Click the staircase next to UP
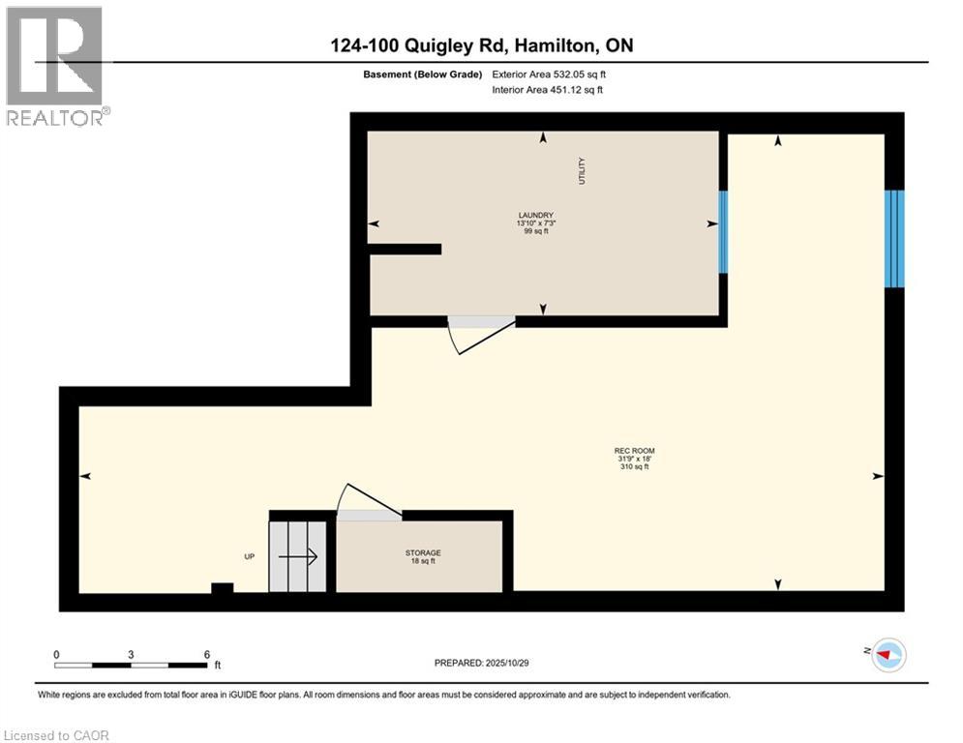(298, 556)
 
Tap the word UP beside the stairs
(249, 556)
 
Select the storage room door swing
(368, 503)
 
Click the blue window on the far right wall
(894, 238)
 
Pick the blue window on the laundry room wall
(723, 232)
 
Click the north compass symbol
(888, 655)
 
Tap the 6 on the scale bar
(207, 653)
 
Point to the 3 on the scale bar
(131, 653)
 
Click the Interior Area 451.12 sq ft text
(547, 90)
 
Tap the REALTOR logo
(56, 66)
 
